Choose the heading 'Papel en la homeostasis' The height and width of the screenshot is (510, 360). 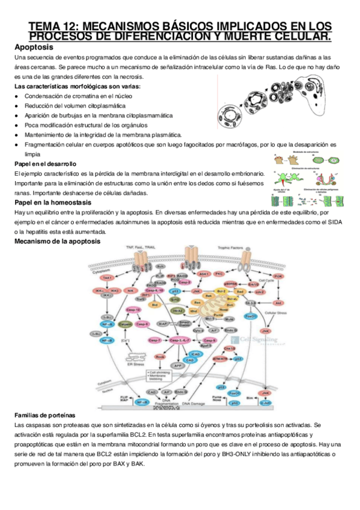pyautogui.click(x=49, y=203)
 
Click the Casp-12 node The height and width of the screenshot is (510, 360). pyautogui.click(x=134, y=310)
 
